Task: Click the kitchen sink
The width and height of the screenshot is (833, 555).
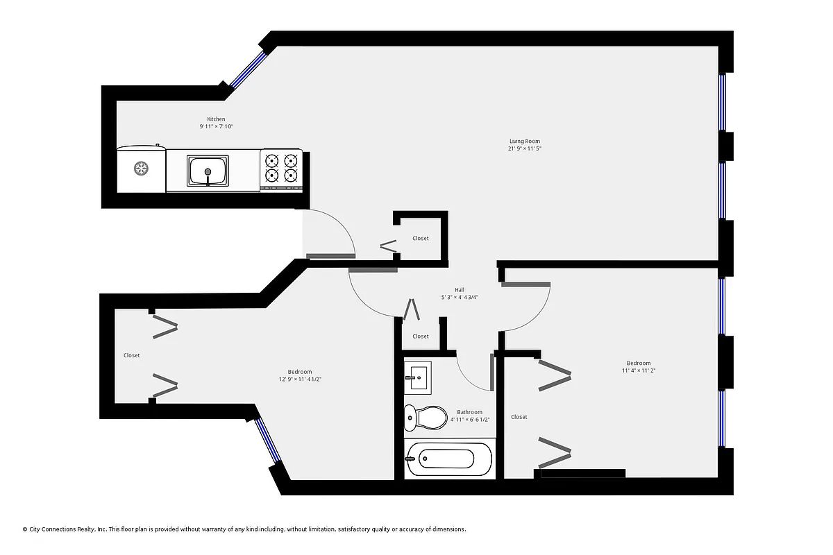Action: click(x=208, y=171)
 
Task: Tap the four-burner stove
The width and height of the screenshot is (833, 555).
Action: click(x=281, y=169)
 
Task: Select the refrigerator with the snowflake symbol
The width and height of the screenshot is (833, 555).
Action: click(x=141, y=169)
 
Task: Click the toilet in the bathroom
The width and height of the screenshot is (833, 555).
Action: click(x=426, y=417)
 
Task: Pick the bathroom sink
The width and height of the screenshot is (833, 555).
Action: click(x=418, y=378)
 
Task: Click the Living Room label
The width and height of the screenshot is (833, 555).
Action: click(x=524, y=142)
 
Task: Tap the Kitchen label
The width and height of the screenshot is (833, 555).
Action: click(x=216, y=119)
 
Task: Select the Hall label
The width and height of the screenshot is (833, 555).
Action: click(x=460, y=290)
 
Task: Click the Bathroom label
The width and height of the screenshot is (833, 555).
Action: click(x=469, y=412)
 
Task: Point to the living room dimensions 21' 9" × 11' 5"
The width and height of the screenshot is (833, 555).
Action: click(x=524, y=148)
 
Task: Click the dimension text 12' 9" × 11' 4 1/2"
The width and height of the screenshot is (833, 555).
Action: click(x=300, y=379)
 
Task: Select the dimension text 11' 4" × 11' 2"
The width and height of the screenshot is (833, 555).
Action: click(x=639, y=370)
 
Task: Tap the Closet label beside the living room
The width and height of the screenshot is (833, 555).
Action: click(x=421, y=239)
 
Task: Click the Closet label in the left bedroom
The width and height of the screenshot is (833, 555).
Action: click(x=132, y=355)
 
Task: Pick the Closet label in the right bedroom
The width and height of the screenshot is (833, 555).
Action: click(x=519, y=417)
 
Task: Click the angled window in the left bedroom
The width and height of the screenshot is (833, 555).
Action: click(x=268, y=440)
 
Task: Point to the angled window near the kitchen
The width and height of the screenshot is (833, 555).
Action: click(x=247, y=70)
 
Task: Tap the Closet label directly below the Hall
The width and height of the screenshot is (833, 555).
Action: click(x=421, y=336)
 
